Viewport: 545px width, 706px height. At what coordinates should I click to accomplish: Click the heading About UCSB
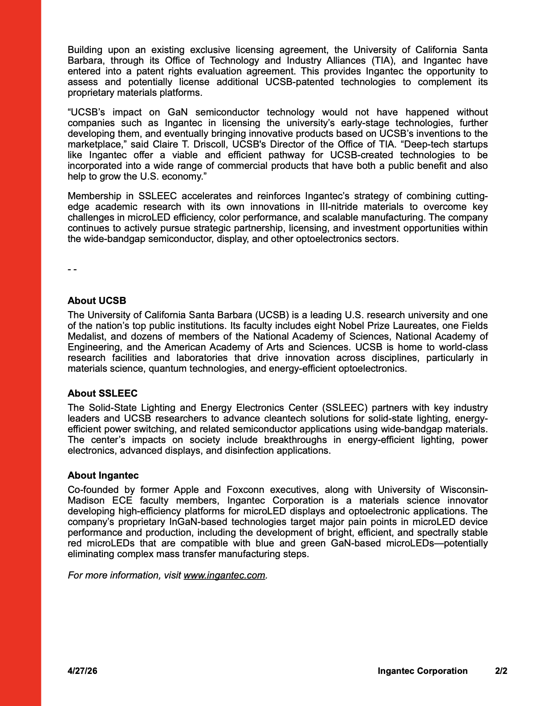tap(97, 300)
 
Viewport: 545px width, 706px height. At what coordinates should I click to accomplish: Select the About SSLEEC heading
tap(102, 393)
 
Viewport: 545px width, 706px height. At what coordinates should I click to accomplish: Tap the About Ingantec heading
tap(103, 475)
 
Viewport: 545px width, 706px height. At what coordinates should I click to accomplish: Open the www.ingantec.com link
tap(224, 575)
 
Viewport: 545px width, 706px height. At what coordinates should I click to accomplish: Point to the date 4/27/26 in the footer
tap(82, 671)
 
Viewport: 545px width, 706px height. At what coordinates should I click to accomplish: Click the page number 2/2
tap(501, 671)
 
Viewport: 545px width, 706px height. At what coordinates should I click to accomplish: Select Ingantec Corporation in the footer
tap(422, 671)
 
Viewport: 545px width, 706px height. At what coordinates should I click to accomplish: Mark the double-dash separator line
tap(72, 270)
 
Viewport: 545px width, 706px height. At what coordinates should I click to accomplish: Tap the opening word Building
tap(85, 50)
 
